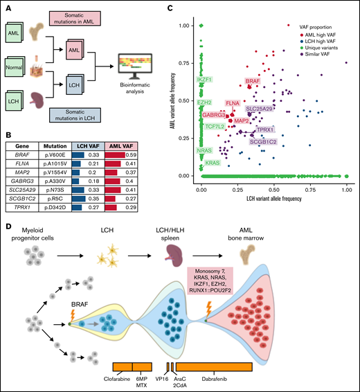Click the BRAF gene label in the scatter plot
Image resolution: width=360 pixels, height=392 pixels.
tap(253, 82)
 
